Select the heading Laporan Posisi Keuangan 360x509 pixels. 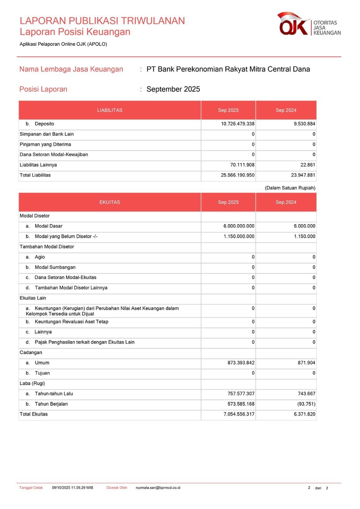75,32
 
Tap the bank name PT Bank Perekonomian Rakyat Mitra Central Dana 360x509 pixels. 228,69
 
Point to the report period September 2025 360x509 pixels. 173,89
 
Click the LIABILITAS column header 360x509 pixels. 110,110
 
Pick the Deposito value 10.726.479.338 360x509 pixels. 238,124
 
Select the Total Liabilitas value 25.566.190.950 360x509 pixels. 238,175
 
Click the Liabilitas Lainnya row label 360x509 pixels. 38,165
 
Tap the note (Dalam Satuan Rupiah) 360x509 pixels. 290,188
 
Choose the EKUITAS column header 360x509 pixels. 110,202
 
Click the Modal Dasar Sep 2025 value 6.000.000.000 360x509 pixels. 239,226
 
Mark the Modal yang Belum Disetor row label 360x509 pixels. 66,236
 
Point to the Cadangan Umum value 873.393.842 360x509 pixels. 241,363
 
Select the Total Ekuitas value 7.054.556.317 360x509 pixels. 239,414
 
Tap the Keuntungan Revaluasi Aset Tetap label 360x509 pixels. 71,322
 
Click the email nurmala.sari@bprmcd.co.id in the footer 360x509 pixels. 158,488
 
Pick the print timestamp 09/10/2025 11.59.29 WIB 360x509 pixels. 73,488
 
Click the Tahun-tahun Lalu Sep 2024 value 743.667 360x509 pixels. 306,394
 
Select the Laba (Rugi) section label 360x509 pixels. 32,383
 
